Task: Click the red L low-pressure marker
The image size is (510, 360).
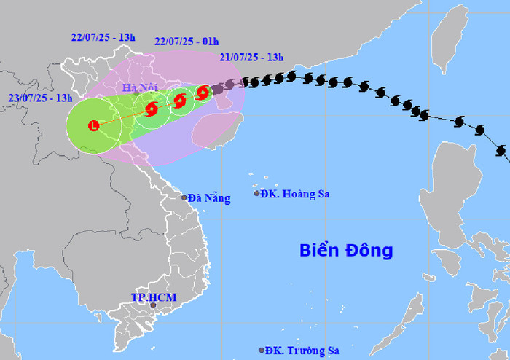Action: pos(93,126)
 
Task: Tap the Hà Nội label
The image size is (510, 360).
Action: pos(140,88)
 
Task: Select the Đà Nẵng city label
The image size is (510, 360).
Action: pos(208,198)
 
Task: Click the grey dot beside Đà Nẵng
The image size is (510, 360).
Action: pos(184,197)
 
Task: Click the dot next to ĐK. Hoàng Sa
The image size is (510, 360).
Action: pos(256,193)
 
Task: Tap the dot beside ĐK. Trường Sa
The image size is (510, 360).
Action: pos(262,350)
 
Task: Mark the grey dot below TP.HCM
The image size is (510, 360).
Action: pos(153,305)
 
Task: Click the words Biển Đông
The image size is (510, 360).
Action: pos(346,251)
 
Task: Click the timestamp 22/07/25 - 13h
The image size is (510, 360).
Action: pos(103,39)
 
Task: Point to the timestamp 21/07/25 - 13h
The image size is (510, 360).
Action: pos(251,58)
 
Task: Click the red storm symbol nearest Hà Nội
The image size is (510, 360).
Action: pos(152,110)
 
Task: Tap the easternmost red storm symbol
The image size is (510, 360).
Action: pos(203,92)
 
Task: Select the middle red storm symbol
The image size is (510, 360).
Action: pos(179,101)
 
